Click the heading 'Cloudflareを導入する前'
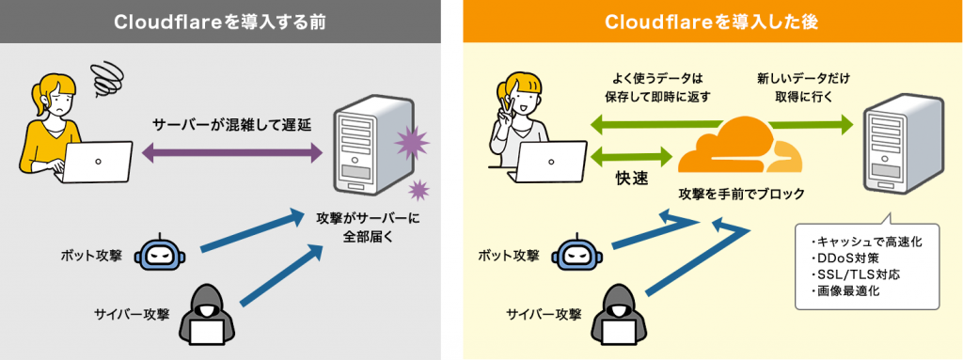(220, 22)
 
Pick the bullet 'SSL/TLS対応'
(849, 274)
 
